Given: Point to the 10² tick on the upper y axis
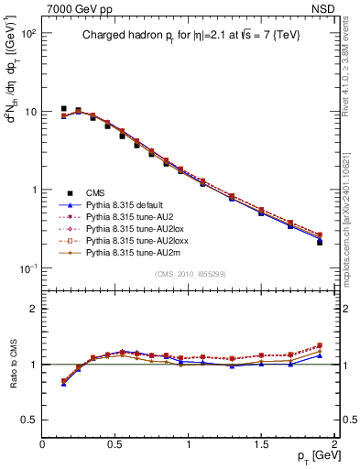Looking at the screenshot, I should [x=27, y=33].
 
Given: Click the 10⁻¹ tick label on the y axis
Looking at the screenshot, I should [x=27, y=268].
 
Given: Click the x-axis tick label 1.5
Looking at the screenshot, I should [x=262, y=444].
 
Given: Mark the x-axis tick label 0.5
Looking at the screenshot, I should [x=115, y=444].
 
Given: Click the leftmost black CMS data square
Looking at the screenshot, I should [x=64, y=109].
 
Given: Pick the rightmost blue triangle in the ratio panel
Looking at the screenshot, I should [x=320, y=355].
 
